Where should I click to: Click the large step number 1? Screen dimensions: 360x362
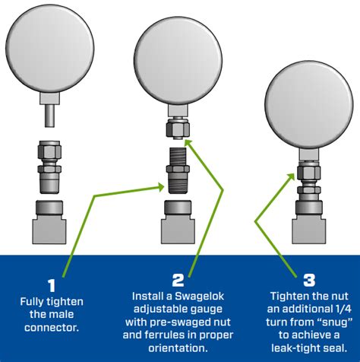point(52,285)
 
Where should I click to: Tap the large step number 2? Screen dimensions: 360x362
point(178,280)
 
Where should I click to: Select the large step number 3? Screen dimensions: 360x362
point(309,280)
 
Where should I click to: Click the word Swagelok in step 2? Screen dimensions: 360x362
point(200,296)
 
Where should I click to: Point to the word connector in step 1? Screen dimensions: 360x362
point(52,328)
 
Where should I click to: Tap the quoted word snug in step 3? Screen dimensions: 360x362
point(335,322)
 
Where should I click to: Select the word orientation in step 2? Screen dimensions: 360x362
point(178,348)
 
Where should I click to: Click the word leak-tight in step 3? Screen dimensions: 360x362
point(296,348)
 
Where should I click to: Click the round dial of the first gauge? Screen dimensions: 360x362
point(50,48)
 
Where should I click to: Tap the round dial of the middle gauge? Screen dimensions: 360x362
point(178,60)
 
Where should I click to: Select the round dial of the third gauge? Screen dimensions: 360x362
point(309,104)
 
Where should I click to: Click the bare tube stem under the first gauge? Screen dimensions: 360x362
point(49,116)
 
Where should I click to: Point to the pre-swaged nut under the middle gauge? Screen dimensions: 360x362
point(178,129)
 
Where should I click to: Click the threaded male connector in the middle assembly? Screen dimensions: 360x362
point(178,170)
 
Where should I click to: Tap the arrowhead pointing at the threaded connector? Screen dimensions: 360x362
point(161,187)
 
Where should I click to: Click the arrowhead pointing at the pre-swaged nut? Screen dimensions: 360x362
point(189,143)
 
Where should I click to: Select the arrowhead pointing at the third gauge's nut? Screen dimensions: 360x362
point(292,176)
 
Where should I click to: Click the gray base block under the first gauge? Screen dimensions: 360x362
point(49,222)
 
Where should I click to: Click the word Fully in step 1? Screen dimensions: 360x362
point(31,302)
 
